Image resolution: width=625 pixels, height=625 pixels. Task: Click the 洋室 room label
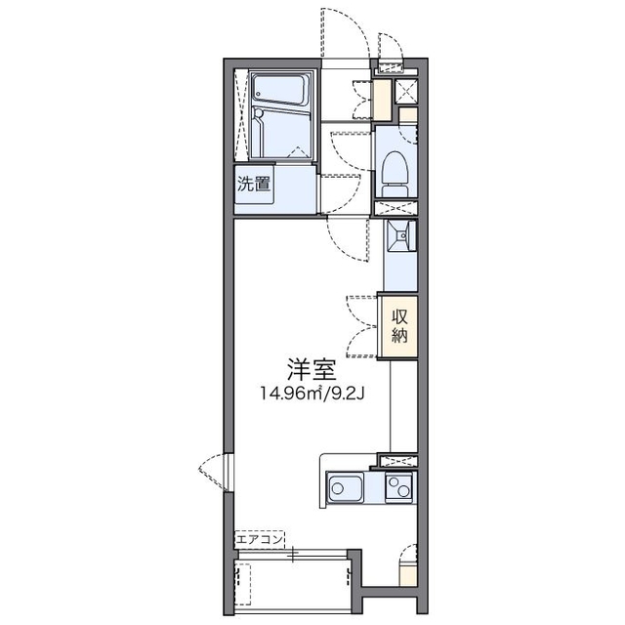pos(312,370)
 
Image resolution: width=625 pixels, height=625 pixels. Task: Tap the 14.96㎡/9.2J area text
pos(312,395)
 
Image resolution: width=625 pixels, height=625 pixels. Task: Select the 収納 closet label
pos(399,326)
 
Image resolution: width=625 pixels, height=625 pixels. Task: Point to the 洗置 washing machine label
pos(254,184)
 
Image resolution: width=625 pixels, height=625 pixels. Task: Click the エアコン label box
pos(260,540)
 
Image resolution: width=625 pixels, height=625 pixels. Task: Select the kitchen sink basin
pos(345,487)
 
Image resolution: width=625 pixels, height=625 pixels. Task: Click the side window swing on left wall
pos(213,473)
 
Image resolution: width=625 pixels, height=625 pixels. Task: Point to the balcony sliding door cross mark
pos(293,554)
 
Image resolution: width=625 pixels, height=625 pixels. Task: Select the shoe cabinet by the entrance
pos(382,100)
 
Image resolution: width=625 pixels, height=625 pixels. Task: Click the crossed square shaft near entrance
pos(406,92)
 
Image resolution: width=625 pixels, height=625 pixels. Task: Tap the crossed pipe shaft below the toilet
pos(396,208)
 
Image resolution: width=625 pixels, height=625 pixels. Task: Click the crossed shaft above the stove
pos(397,461)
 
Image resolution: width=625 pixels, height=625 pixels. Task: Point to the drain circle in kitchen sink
pos(337,488)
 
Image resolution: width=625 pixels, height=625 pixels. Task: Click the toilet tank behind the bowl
pos(396,190)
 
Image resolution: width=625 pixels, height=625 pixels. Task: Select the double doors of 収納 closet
pos(362,326)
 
